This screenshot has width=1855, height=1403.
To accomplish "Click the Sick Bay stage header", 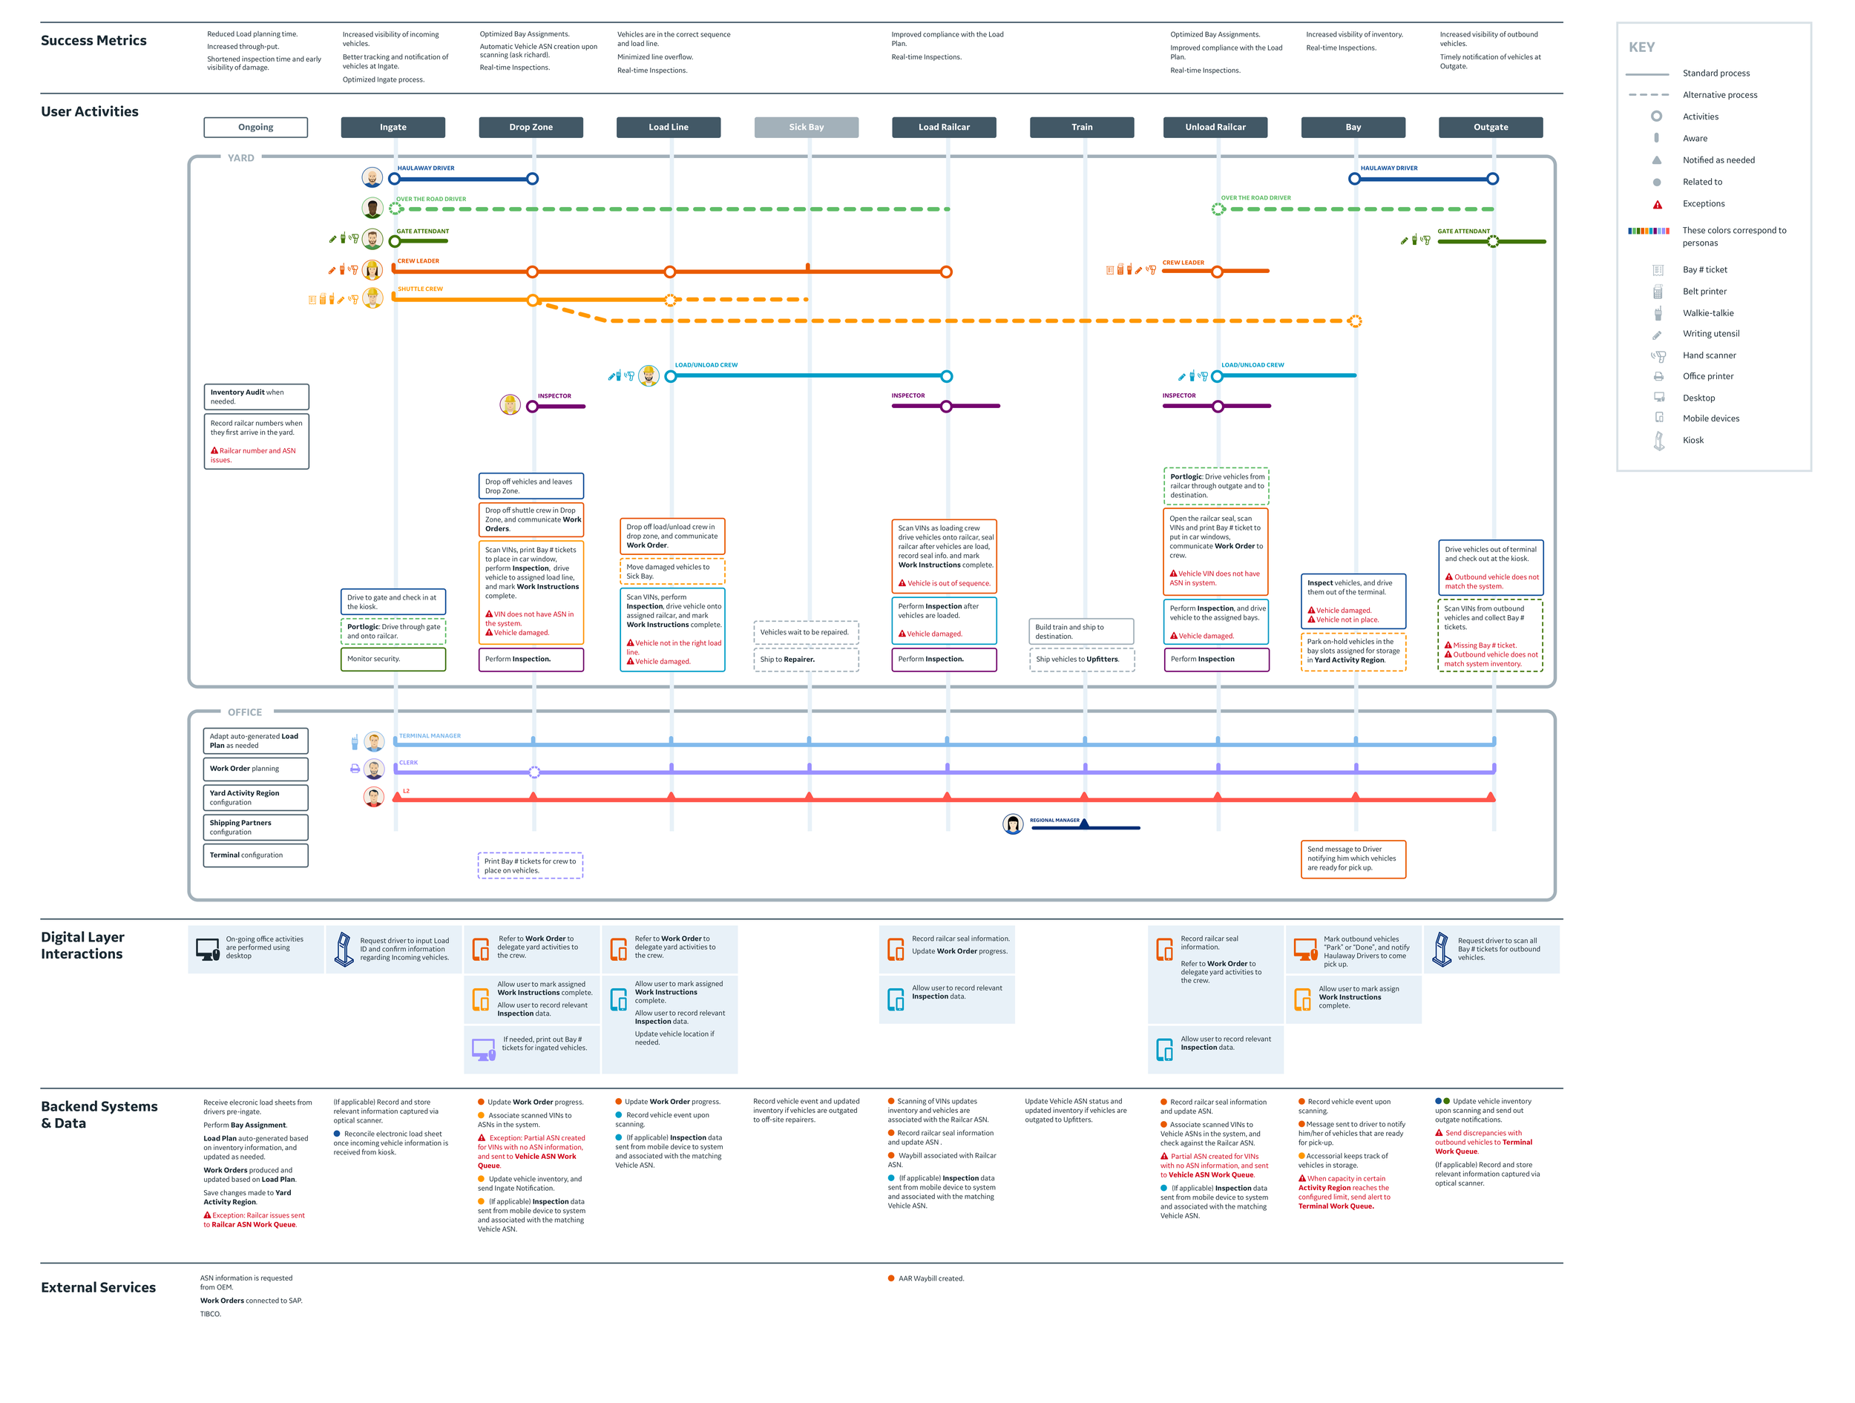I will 806,128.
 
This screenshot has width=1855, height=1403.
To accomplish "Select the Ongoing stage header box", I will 256,128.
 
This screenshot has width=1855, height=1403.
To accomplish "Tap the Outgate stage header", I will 1490,128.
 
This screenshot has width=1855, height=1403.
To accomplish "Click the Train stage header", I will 1082,128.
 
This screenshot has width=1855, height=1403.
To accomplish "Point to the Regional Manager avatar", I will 1013,824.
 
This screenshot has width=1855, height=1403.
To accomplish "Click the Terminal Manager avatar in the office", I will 374,741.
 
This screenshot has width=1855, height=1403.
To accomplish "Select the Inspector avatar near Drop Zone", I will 510,405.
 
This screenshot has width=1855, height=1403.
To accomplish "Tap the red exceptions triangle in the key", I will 1657,205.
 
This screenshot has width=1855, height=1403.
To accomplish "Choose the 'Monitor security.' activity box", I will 393,659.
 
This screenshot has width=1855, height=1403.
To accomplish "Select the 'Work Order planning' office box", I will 256,769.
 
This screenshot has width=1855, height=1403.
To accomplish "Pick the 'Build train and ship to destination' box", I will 1081,631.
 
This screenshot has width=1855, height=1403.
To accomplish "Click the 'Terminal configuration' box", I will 256,855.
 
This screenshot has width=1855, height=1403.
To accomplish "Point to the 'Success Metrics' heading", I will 94,40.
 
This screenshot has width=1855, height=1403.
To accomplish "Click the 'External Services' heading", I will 98,1287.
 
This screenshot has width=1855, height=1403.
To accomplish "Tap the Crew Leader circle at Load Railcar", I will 946,272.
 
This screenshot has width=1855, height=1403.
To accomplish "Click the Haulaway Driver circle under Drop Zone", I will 533,179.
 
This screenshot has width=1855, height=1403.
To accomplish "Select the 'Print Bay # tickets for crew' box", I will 530,865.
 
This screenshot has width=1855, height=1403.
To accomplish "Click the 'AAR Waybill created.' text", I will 931,1279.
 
